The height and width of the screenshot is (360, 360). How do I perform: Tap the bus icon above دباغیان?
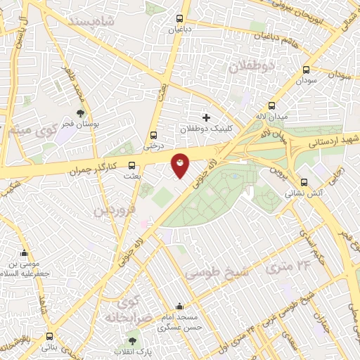pyautogui.click(x=180, y=19)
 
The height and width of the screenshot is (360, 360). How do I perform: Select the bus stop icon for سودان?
pyautogui.click(x=306, y=70)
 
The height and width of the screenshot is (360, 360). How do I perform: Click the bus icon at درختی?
pyautogui.click(x=153, y=136)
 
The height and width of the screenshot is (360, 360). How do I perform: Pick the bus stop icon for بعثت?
pyautogui.click(x=131, y=167)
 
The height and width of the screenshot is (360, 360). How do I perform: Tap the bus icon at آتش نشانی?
pyautogui.click(x=303, y=181)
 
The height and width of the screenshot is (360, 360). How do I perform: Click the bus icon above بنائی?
pyautogui.click(x=49, y=337)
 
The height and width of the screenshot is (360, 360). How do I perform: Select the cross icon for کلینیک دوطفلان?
pyautogui.click(x=205, y=117)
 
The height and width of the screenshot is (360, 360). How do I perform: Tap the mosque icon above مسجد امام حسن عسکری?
pyautogui.click(x=181, y=307)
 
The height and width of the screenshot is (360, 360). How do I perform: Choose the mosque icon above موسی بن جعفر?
pyautogui.click(x=25, y=254)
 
